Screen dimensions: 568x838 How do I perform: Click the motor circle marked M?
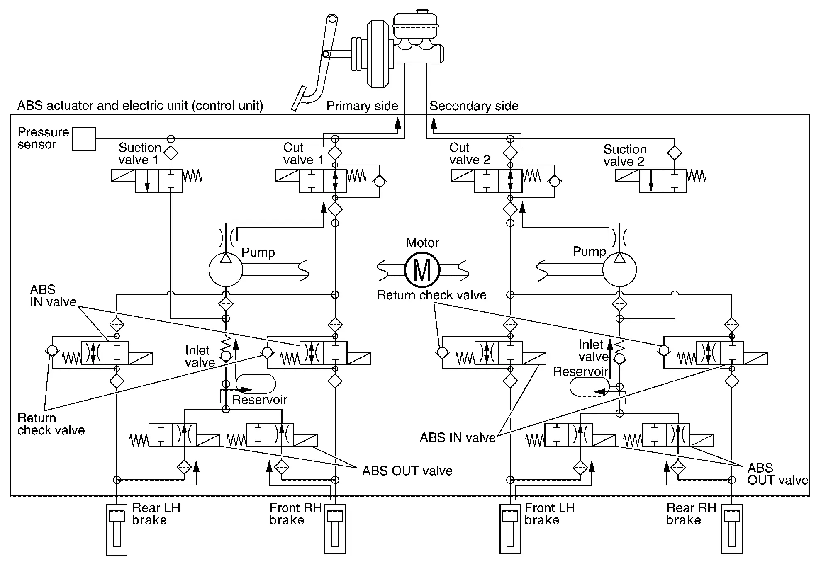tap(422, 270)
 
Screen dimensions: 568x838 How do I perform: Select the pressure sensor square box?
tap(84, 139)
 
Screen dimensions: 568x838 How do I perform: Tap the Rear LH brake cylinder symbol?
tap(117, 529)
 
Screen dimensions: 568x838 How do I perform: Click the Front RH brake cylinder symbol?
tap(335, 529)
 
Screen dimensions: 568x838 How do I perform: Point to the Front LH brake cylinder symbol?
tap(510, 529)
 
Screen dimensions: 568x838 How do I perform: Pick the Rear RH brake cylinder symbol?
tap(732, 529)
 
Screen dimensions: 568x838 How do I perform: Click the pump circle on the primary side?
tap(225, 270)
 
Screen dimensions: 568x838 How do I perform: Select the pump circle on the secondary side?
tap(619, 270)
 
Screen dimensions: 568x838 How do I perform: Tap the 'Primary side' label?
tap(362, 106)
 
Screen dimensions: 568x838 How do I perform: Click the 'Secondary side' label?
tap(474, 106)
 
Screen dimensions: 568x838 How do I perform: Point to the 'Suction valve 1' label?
tap(139, 154)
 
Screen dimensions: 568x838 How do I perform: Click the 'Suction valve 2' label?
tap(625, 155)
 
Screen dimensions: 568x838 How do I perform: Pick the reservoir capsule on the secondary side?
tap(589, 387)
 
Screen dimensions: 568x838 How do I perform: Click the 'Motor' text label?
tap(422, 243)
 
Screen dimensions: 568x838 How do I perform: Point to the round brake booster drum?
tap(376, 55)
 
